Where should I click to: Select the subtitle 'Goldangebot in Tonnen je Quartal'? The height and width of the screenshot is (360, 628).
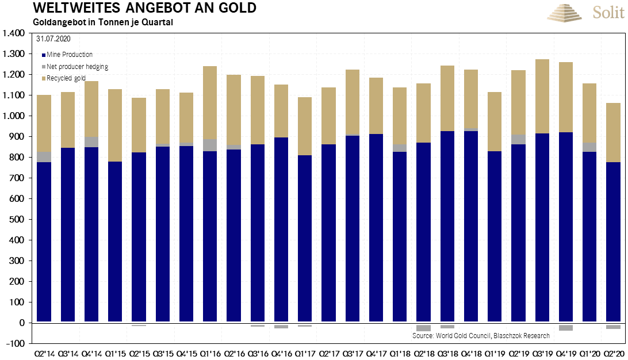pos(95,23)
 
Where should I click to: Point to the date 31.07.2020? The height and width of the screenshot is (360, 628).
pos(53,40)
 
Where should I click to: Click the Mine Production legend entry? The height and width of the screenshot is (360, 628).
pos(67,55)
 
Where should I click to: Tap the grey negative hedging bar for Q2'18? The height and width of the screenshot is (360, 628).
pos(424,328)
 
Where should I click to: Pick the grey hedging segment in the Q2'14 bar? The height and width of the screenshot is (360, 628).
pos(44,157)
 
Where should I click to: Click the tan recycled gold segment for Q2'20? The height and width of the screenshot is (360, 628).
pos(613,132)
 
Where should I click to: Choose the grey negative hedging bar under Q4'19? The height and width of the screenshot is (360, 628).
pos(566,327)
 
